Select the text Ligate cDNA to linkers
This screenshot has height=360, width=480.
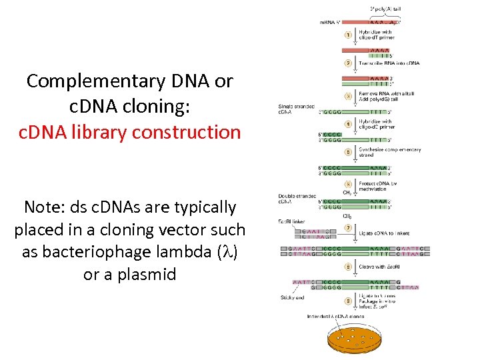pyautogui.click(x=384, y=233)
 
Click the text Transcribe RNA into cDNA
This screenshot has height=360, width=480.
pyautogui.click(x=389, y=63)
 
